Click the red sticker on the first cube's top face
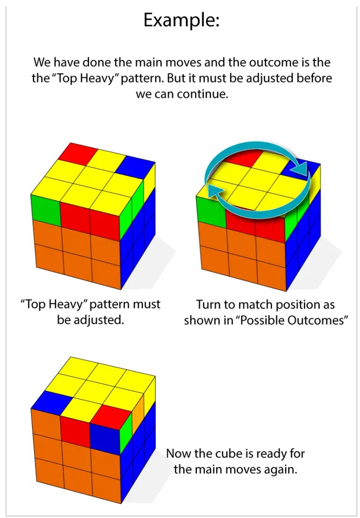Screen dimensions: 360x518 click(x=78, y=153)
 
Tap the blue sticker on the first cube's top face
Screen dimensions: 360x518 click(x=135, y=167)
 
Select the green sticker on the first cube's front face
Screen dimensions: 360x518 click(x=45, y=208)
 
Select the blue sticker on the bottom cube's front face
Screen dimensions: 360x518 click(x=105, y=439)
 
